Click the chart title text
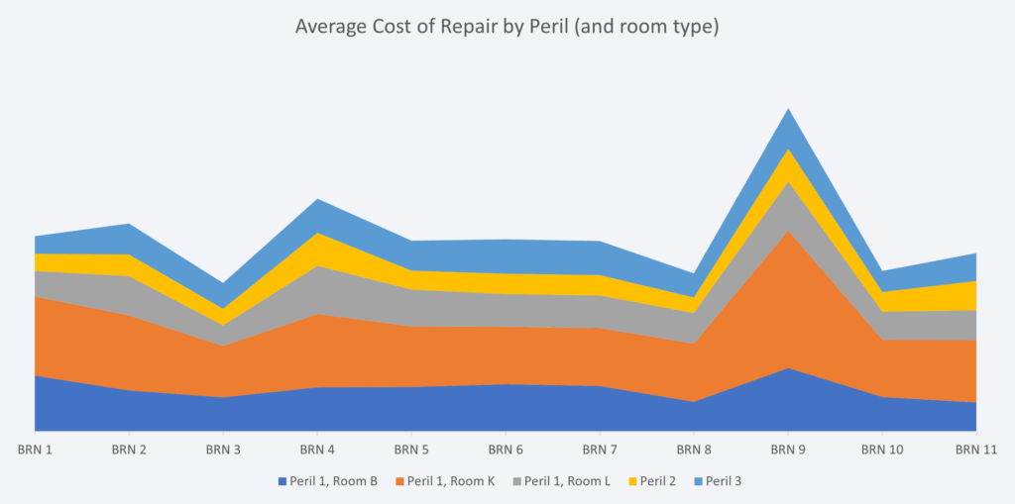507,27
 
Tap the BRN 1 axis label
35,450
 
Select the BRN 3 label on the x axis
223,450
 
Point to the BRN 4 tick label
317,450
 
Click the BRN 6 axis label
506,450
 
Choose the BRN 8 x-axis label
694,450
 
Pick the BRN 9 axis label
788,450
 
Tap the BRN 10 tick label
882,450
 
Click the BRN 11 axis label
976,450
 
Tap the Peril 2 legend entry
657,482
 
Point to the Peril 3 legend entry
723,482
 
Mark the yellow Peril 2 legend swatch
631,482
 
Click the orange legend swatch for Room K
399,482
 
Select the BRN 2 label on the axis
129,450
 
